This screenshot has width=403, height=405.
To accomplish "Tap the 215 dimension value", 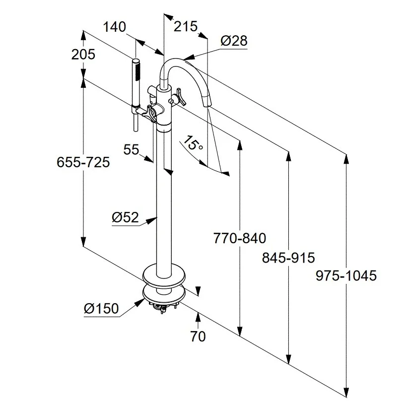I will tap(186, 26).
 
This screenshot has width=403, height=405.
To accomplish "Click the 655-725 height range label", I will tap(83, 162).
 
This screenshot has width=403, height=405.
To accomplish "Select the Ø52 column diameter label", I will tap(125, 216).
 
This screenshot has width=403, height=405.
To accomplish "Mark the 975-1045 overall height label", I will tap(346, 275).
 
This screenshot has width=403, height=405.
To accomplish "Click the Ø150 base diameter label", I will tap(101, 309).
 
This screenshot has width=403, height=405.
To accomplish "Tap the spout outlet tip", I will tap(207, 102).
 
